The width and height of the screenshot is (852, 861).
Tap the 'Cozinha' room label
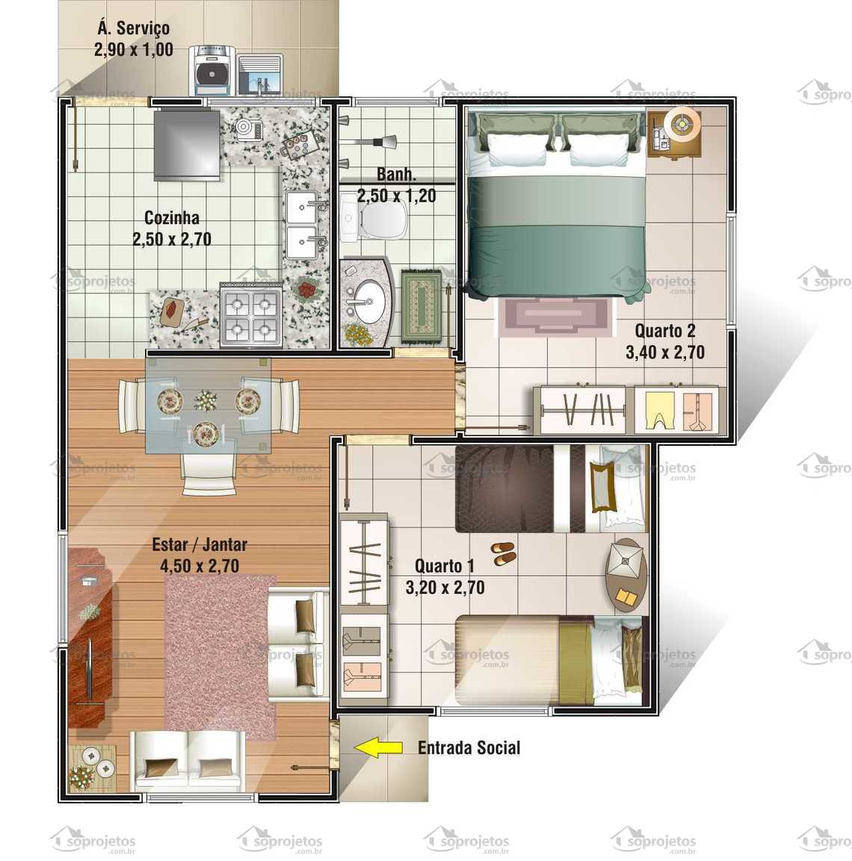click(172, 218)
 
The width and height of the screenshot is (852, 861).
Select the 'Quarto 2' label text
click(665, 330)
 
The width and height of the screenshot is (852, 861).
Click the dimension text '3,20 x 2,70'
click(445, 588)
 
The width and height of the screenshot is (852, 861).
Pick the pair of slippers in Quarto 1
click(504, 553)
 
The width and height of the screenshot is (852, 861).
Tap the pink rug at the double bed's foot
click(553, 314)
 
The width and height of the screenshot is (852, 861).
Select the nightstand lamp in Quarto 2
click(681, 122)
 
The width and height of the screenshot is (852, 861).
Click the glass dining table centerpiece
click(205, 400)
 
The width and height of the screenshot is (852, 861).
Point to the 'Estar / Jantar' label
click(200, 544)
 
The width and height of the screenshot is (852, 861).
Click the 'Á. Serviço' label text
click(134, 28)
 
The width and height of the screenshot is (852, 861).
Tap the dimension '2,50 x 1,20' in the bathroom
click(396, 196)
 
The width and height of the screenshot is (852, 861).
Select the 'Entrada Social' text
click(469, 747)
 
